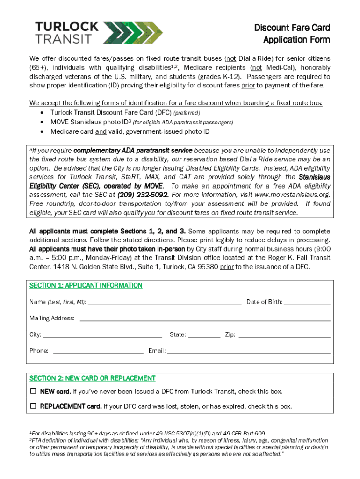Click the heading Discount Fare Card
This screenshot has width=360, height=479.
coord(292,28)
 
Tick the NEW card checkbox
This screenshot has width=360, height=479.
coord(33,391)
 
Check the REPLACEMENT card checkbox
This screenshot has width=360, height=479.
coord(33,406)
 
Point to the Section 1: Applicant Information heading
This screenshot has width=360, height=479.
coord(86,285)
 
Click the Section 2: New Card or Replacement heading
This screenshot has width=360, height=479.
coord(92,378)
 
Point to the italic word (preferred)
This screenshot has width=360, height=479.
coord(187,113)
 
